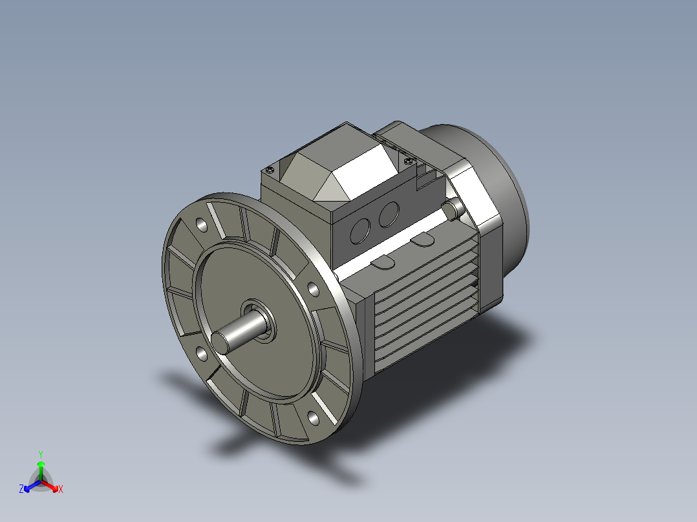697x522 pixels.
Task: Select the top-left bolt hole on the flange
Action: click(x=202, y=225)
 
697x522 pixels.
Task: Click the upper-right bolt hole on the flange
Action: click(x=312, y=289)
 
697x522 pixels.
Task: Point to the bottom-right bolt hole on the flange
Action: click(x=313, y=418)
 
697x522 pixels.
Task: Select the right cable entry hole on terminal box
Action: click(x=388, y=214)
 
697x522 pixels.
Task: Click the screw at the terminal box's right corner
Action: click(x=407, y=160)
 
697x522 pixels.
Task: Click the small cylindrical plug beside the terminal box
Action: click(x=453, y=207)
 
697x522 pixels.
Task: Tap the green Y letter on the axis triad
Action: click(x=40, y=454)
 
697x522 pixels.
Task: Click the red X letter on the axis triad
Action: click(x=61, y=490)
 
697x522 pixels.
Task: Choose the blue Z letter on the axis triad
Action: click(x=21, y=490)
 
